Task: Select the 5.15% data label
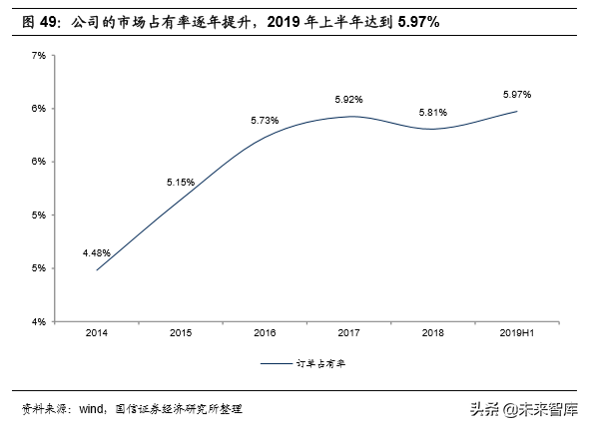(181, 183)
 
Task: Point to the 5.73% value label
(265, 121)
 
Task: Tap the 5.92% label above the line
(348, 100)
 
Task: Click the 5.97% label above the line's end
(516, 94)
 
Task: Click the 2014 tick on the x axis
(97, 332)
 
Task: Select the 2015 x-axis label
(181, 332)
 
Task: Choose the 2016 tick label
(265, 332)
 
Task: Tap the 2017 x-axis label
(348, 332)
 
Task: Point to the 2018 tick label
(432, 332)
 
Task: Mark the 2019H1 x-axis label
(516, 332)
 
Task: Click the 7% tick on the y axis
(39, 55)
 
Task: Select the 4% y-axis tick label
(39, 321)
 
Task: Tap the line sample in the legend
(282, 364)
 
